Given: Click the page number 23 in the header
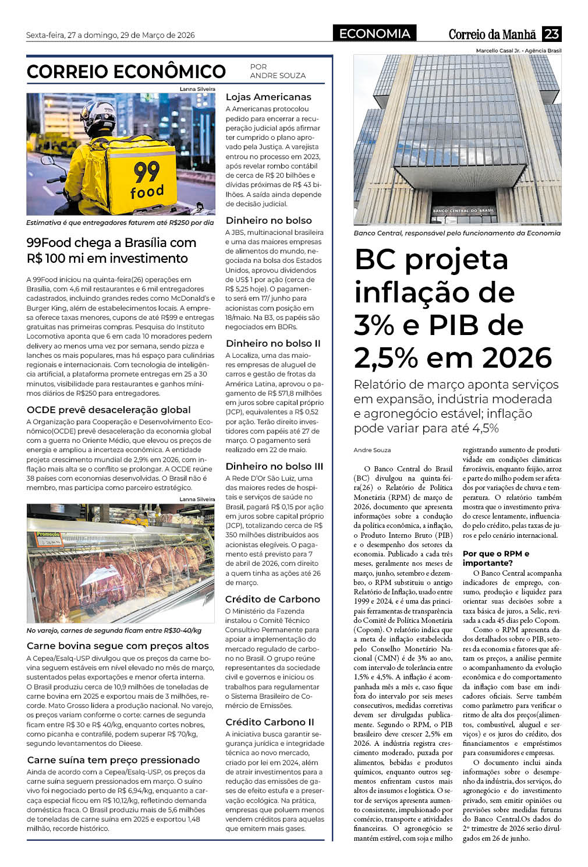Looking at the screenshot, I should coord(551,34).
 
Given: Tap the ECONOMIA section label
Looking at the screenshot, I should coord(374,34).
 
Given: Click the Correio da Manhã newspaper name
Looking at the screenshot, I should coord(492,34).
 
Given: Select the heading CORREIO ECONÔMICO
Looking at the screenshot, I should coord(126,72).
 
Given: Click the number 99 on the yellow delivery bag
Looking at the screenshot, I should coord(146,171).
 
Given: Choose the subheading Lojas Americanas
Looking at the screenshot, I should coord(268,97).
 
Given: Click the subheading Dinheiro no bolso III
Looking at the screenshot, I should coord(274,466).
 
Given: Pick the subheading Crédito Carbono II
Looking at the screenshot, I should coord(270,722).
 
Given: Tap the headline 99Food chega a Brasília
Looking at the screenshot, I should coord(111,250).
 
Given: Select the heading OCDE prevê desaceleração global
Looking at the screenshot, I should coord(109,410).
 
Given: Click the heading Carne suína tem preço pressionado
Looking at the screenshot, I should coord(114,760).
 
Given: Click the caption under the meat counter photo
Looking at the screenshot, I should coord(114,630).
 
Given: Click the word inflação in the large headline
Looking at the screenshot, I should coord(434,292).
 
